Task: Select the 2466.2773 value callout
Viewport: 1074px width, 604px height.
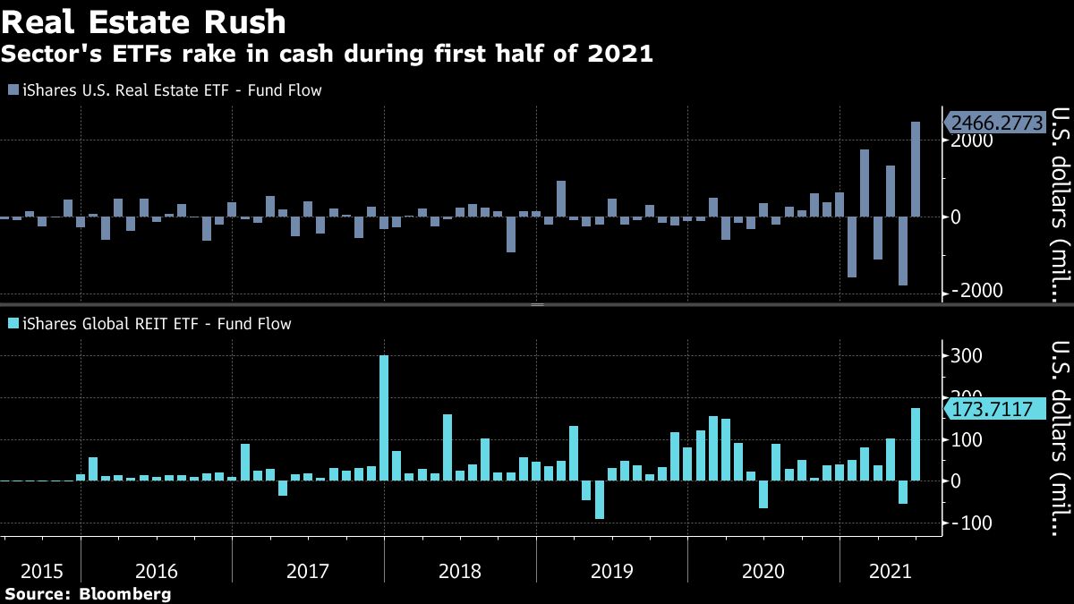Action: point(995,123)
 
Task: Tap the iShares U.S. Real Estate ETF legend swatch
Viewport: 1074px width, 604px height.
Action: point(13,89)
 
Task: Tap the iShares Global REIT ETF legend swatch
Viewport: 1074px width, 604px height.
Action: point(13,324)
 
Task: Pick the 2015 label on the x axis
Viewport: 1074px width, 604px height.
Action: point(41,570)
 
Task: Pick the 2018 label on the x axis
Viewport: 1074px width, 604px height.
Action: point(460,570)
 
